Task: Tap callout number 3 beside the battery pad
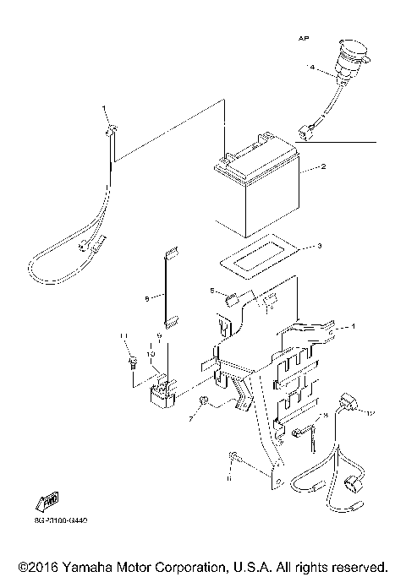(x=319, y=247)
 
